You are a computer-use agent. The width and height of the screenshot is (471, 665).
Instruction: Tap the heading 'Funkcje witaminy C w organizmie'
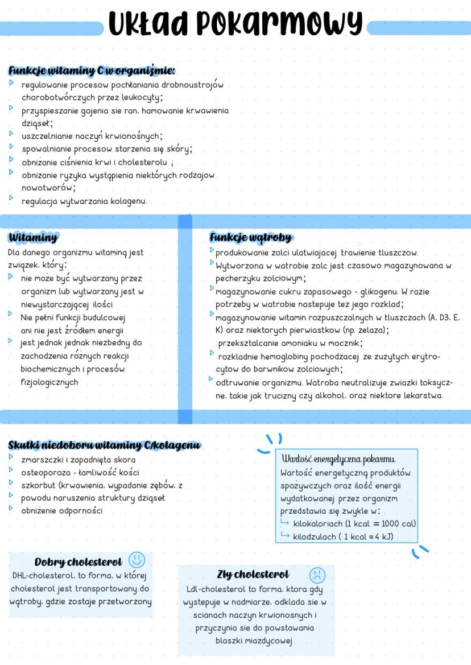(91, 71)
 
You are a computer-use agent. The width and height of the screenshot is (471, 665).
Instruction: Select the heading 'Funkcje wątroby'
(250, 237)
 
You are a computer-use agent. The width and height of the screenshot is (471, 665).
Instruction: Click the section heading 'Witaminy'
(32, 237)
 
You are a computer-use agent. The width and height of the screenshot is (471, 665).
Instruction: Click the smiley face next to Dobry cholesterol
(137, 559)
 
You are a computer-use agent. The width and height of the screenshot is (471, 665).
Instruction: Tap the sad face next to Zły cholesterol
(317, 573)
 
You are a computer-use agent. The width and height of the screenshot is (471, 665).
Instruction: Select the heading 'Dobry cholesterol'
(78, 562)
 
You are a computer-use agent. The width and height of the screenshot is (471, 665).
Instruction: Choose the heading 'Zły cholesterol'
(253, 574)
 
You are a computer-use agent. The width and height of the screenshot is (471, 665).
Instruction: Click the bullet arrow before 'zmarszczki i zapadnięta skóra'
(11, 459)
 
